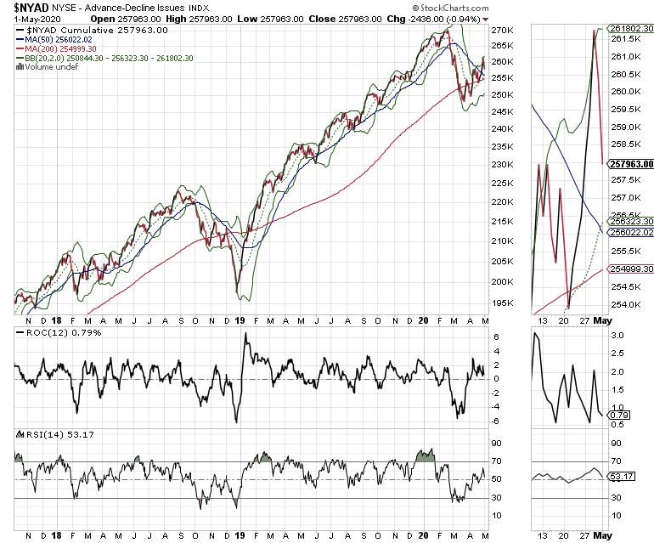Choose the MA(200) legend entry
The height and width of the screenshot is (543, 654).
pos(54,49)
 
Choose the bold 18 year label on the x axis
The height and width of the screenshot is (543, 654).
pos(55,320)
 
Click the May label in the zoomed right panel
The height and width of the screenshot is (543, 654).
pos(601,320)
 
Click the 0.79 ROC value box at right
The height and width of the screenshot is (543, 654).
pos(618,415)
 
